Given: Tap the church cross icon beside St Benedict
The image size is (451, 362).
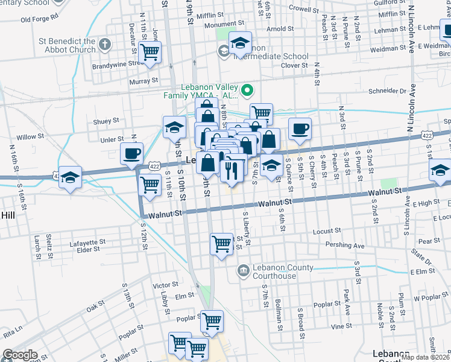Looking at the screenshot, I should click(104, 44).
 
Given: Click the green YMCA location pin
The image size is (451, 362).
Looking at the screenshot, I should click(247, 91).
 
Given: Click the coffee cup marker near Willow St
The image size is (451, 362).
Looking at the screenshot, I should click(132, 153).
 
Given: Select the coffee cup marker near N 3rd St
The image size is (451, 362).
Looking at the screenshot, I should click(299, 128).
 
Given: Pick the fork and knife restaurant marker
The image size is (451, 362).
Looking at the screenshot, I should click(233, 171).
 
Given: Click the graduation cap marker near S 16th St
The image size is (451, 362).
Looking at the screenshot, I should click(70, 177).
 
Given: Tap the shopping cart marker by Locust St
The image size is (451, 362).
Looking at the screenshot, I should click(221, 244).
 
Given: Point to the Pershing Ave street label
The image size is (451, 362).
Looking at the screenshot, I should click(345, 246).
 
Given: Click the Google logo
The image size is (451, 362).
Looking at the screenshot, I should click(20, 355).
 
